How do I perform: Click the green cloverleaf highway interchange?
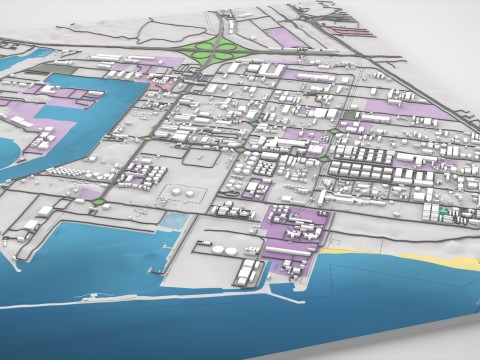[216, 49]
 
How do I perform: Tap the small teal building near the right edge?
[442, 213]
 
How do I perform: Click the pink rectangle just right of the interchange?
[284, 38]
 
